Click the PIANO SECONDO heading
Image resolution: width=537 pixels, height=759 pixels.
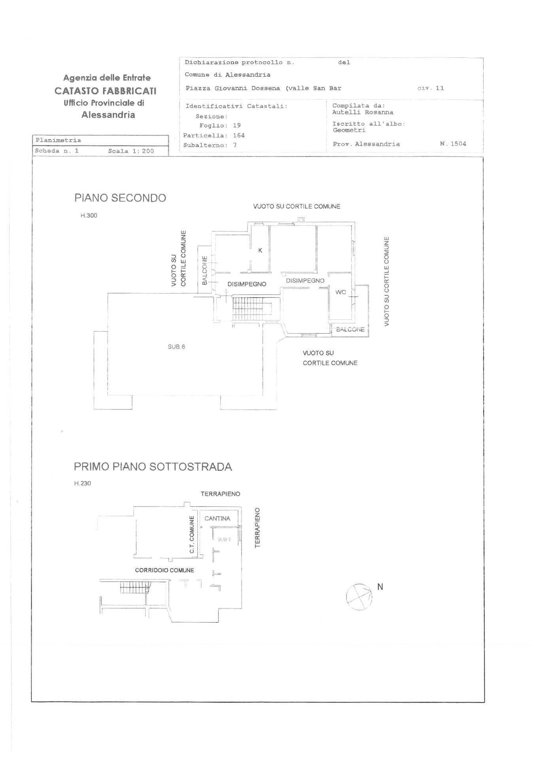pyautogui.click(x=120, y=198)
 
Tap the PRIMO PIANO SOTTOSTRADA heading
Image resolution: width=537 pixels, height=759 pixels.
pyautogui.click(x=153, y=466)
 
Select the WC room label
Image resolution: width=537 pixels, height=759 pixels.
pyautogui.click(x=340, y=292)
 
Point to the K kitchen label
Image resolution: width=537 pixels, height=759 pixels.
pyautogui.click(x=260, y=250)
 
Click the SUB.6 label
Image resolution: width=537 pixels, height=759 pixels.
pyautogui.click(x=176, y=347)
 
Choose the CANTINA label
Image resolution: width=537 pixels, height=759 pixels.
pyautogui.click(x=217, y=518)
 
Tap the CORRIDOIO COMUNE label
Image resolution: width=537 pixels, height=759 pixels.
pyautogui.click(x=165, y=570)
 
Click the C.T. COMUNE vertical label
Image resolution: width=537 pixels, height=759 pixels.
pyautogui.click(x=192, y=534)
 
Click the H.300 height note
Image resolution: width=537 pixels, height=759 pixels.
pyautogui.click(x=89, y=215)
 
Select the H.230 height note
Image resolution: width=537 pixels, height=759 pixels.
pyautogui.click(x=83, y=483)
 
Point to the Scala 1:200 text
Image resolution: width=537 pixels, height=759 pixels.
pyautogui.click(x=131, y=151)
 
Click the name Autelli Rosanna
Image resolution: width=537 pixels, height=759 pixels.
pyautogui.click(x=363, y=112)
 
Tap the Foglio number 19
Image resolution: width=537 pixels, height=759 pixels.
pyautogui.click(x=237, y=125)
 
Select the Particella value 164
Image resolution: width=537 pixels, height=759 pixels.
pyautogui.click(x=239, y=135)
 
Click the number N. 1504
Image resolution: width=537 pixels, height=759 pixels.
pyautogui.click(x=453, y=144)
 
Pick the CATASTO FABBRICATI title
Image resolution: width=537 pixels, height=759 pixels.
pyautogui.click(x=106, y=91)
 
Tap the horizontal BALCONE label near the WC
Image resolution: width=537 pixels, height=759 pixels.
pyautogui.click(x=350, y=329)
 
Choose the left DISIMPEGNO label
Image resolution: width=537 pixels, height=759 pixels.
pyautogui.click(x=247, y=284)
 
